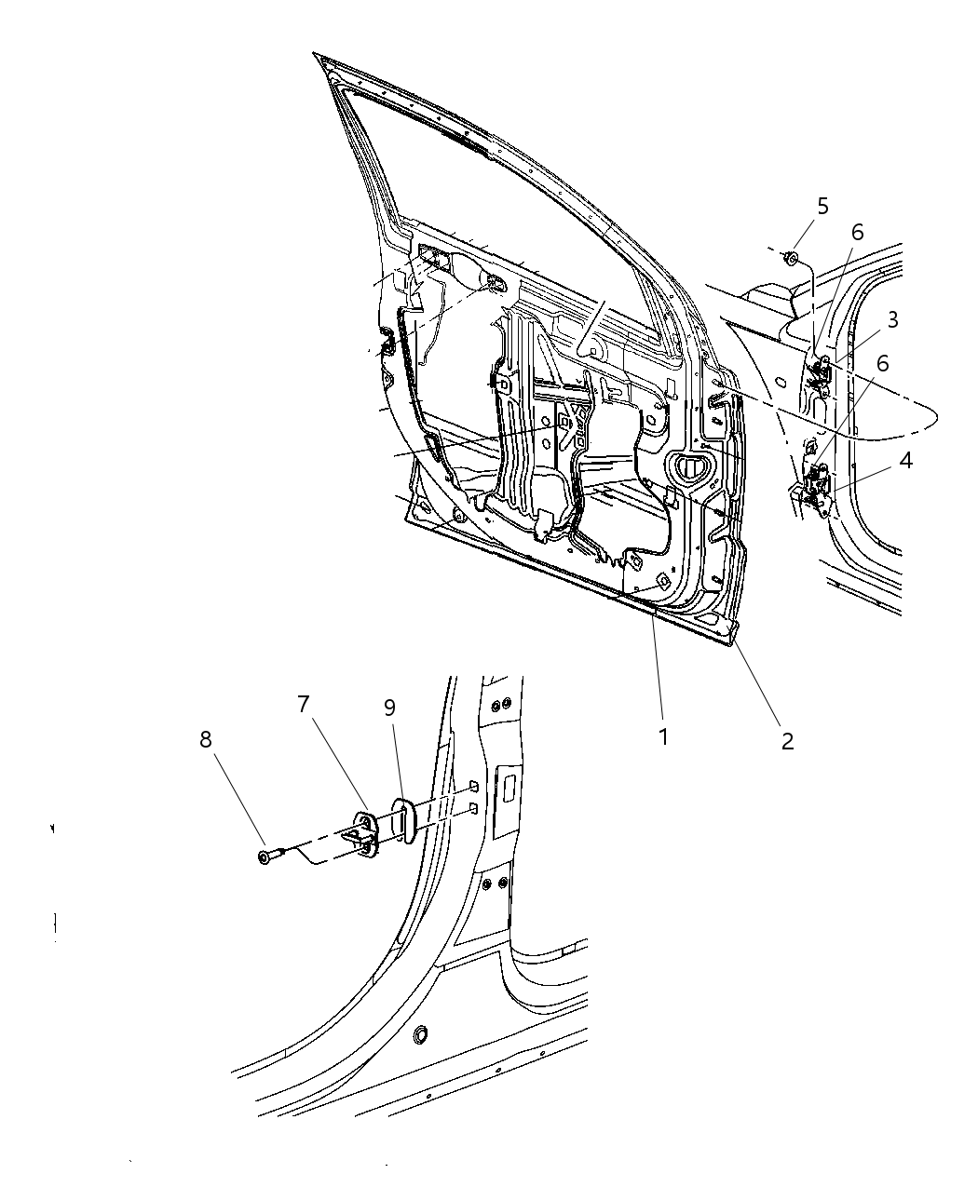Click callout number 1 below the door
(x=663, y=736)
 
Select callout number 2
(x=787, y=741)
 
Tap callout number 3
(x=892, y=320)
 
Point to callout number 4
(x=905, y=459)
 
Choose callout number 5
(x=822, y=206)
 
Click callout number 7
(x=303, y=705)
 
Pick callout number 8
(x=205, y=739)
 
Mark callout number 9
(x=389, y=708)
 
